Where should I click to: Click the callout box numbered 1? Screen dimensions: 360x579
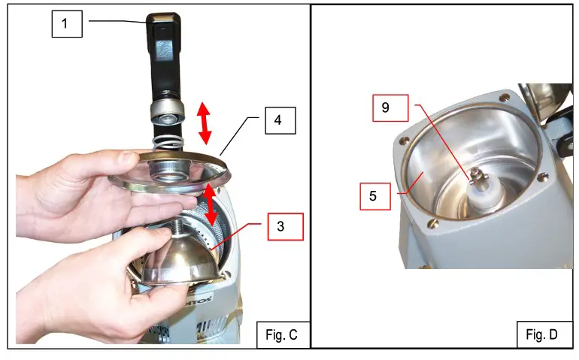tap(65, 24)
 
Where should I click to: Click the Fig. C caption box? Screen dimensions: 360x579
tap(281, 334)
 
